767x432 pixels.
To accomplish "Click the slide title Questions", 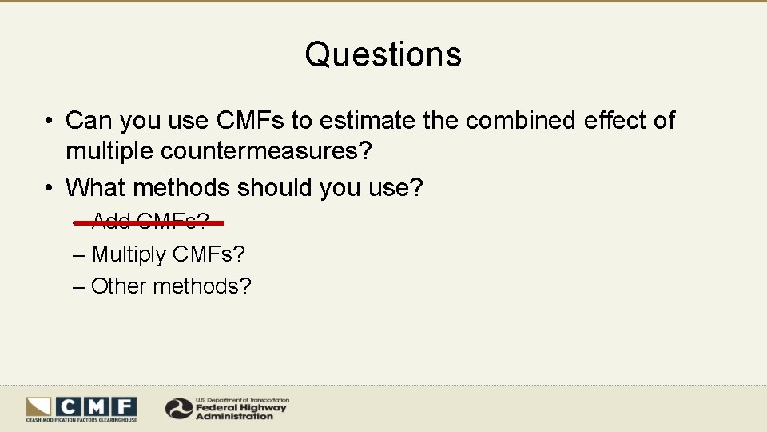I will pyautogui.click(x=383, y=54).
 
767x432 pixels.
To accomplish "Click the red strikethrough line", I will pyautogui.click(x=149, y=223).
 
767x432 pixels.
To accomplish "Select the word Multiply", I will pyautogui.click(x=129, y=255).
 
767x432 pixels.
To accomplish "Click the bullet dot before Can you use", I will pyautogui.click(x=50, y=121).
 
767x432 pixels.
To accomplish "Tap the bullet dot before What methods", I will pyautogui.click(x=50, y=188).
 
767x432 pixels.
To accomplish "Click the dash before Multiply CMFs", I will pyautogui.click(x=78, y=255).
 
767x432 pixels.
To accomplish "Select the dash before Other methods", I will pyautogui.click(x=78, y=286).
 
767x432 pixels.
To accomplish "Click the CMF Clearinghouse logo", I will pyautogui.click(x=81, y=408).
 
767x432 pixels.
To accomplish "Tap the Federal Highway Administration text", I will pyautogui.click(x=240, y=410).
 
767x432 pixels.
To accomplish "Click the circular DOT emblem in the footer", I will pyautogui.click(x=178, y=409).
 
